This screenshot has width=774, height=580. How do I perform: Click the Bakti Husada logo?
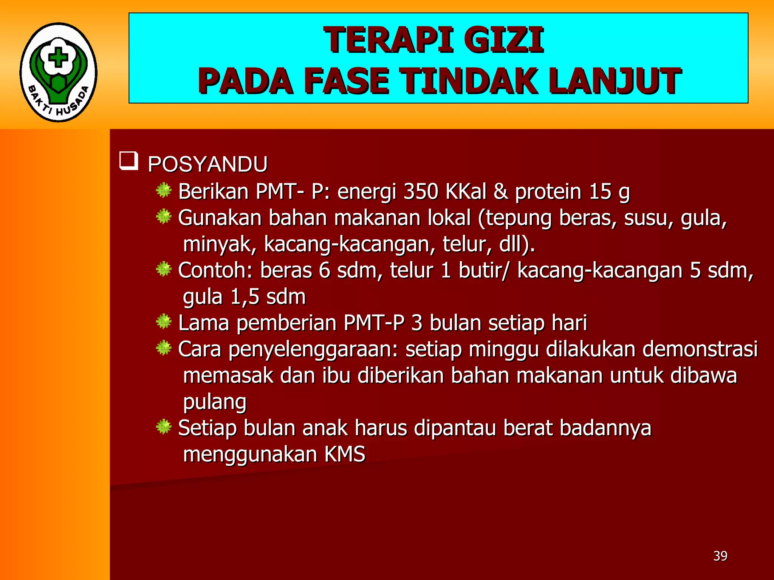click(59, 72)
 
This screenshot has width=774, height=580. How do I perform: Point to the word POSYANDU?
click(207, 164)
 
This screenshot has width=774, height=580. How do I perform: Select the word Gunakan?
click(220, 218)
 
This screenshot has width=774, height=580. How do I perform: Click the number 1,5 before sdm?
click(245, 297)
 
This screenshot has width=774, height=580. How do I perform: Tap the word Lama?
click(203, 323)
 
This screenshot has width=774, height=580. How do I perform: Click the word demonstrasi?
click(700, 349)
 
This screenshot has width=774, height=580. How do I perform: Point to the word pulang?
click(215, 402)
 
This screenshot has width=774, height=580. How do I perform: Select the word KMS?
click(345, 454)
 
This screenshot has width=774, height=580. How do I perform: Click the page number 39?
click(720, 556)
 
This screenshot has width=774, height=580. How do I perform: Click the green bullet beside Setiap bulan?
click(164, 427)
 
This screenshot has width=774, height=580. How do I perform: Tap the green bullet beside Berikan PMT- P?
click(164, 190)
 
